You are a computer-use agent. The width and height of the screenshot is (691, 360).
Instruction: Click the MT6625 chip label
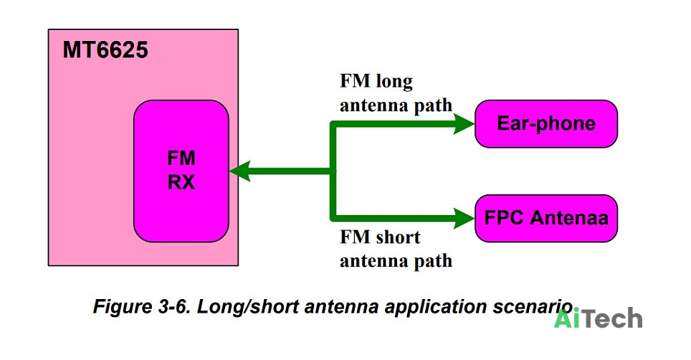(105, 49)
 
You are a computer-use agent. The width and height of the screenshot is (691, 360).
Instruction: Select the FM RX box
(181, 171)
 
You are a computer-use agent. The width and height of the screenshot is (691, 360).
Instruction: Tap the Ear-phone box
(546, 123)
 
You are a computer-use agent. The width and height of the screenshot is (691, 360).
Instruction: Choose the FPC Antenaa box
(546, 218)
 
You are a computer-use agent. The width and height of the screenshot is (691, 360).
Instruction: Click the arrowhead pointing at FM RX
(239, 171)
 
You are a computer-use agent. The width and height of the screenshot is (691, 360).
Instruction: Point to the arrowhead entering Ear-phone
(464, 123)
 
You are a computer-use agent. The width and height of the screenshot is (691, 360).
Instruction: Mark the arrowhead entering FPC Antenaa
(464, 218)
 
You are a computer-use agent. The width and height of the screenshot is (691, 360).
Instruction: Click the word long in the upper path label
(394, 82)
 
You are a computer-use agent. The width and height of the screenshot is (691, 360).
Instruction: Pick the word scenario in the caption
(533, 306)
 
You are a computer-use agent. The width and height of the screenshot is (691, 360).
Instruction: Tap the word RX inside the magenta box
(181, 182)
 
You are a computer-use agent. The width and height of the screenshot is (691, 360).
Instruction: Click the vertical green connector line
(333, 171)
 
